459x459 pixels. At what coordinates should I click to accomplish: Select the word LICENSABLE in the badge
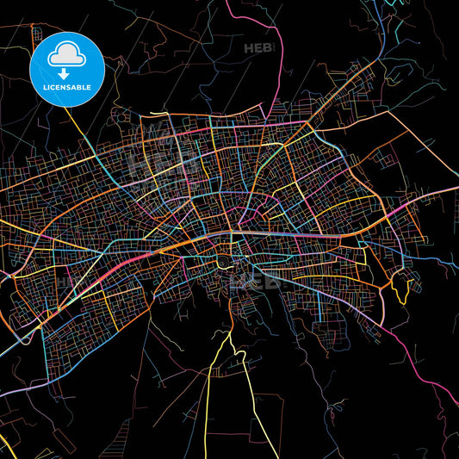click(x=66, y=86)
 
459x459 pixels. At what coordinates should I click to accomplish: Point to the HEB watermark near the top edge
click(x=258, y=48)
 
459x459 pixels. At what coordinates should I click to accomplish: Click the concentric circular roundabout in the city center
click(x=223, y=260)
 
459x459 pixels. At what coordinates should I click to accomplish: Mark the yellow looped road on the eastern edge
click(x=400, y=284)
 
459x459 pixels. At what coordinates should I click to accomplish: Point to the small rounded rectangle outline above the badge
click(x=37, y=34)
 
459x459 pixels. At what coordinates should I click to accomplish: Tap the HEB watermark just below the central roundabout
click(x=254, y=279)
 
